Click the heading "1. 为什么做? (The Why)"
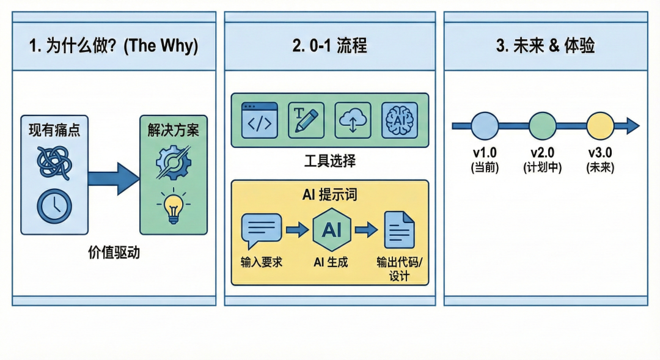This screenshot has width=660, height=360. click(x=114, y=47)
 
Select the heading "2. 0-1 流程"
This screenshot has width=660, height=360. click(x=329, y=47)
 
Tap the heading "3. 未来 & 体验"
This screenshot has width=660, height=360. click(x=546, y=47)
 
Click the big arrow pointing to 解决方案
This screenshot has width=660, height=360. click(x=113, y=178)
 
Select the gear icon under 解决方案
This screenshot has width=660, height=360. click(x=174, y=161)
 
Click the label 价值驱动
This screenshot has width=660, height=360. click(x=114, y=252)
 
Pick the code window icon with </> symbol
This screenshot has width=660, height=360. click(x=260, y=119)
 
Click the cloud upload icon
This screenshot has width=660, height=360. click(x=353, y=119)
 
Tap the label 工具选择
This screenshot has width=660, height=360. click(x=329, y=162)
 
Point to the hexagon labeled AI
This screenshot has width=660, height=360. click(x=331, y=230)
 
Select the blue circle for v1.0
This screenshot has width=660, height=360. click(x=485, y=126)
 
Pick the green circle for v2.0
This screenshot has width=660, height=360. click(x=542, y=126)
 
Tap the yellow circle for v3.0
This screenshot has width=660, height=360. click(x=600, y=126)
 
